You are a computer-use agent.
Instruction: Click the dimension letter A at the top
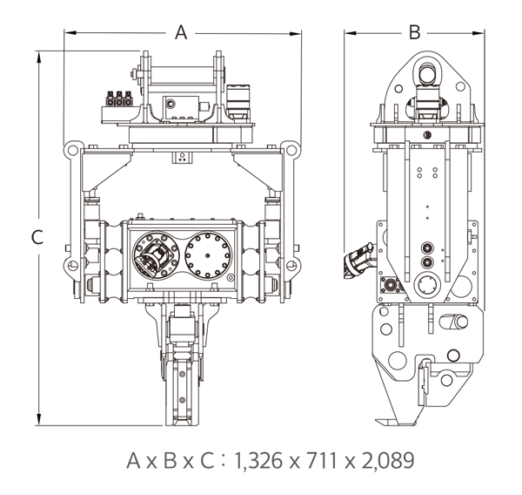181,32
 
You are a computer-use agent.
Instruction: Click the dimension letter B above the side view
414,32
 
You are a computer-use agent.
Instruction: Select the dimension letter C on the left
37,237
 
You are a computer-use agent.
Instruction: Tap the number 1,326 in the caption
259,460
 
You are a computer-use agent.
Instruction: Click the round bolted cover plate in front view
208,255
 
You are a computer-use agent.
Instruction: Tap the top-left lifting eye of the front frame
71,150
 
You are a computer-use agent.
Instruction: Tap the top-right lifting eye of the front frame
291,150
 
